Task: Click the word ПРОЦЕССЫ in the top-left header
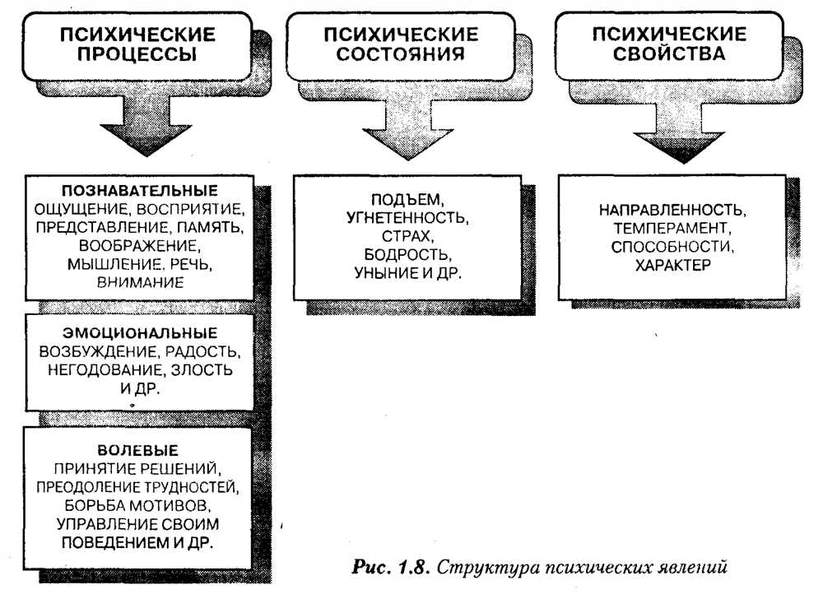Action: [x=137, y=54]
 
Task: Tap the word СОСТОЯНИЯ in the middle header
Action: [x=401, y=53]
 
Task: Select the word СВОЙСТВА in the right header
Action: [x=669, y=53]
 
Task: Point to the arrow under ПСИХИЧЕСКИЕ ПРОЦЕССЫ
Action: [x=146, y=126]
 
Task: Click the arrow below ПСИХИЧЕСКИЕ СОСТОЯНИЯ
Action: [x=408, y=128]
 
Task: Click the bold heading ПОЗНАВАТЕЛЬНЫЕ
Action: [x=140, y=191]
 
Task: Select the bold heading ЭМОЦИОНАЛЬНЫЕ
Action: [x=140, y=333]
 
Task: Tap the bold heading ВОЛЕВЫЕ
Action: [x=138, y=450]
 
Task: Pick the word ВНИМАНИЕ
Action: [x=140, y=282]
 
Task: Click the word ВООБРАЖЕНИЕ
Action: [x=139, y=245]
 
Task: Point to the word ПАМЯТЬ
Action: [x=210, y=228]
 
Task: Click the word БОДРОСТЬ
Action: [x=407, y=254]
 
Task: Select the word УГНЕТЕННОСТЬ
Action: [x=407, y=218]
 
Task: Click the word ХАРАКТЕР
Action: [x=673, y=265]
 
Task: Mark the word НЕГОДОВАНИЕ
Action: [x=107, y=370]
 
